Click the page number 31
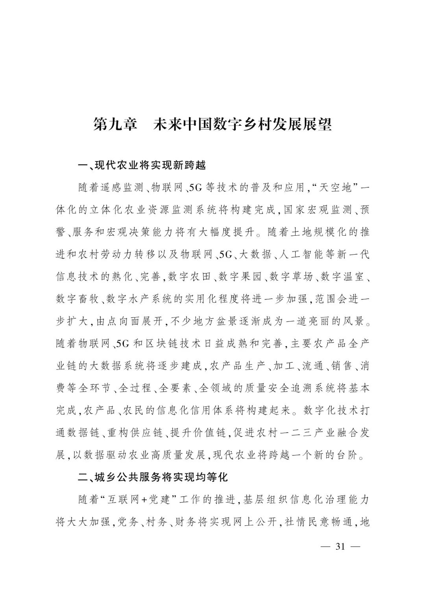click(339, 546)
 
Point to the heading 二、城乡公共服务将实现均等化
click(153, 477)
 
